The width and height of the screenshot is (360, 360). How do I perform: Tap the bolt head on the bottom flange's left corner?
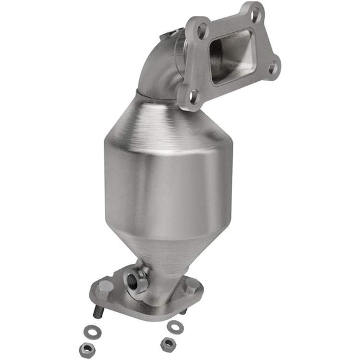coord(106,286)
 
